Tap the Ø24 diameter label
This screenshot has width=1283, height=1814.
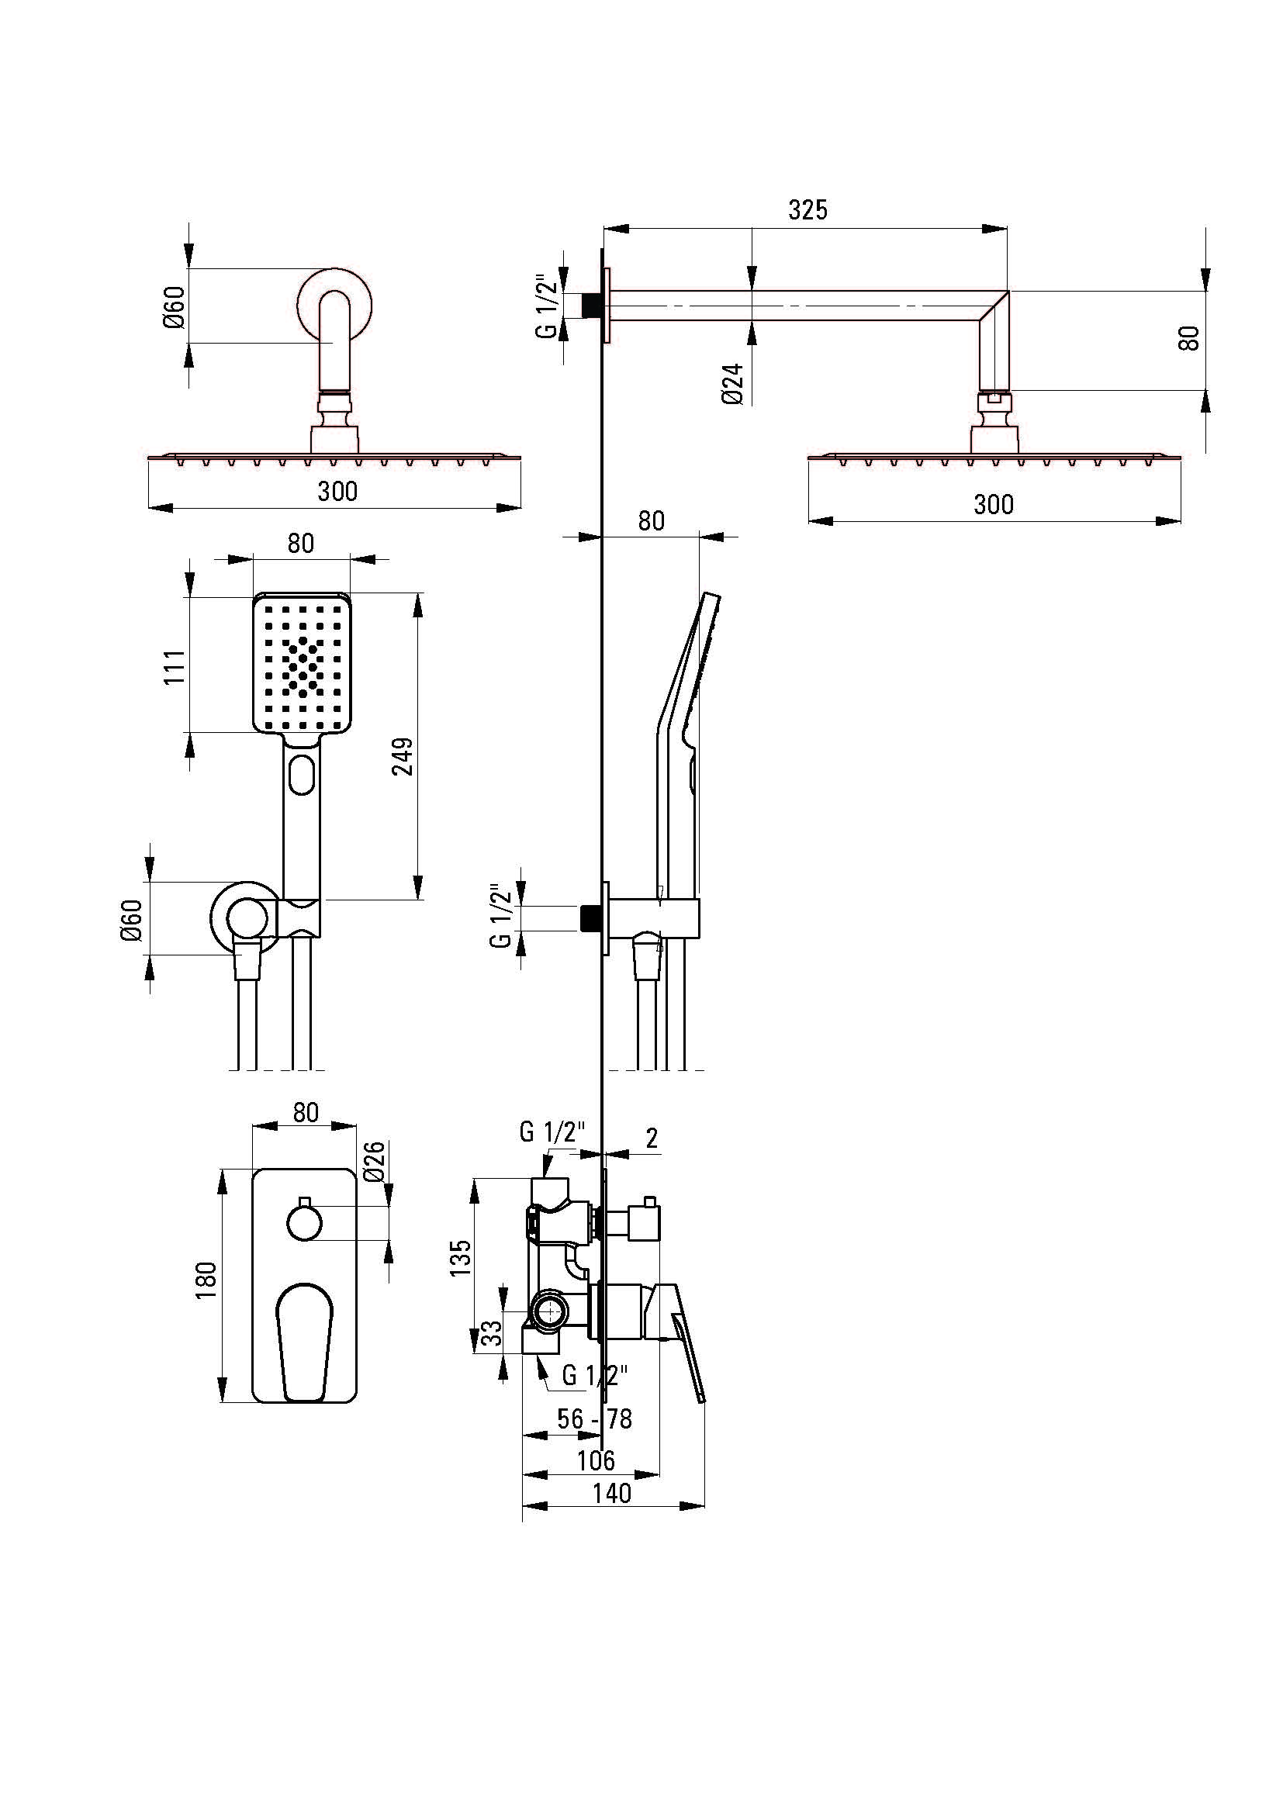(732, 384)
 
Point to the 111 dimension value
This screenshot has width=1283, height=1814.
(175, 667)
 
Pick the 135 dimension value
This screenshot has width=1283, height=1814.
(460, 1258)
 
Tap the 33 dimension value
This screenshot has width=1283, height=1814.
(491, 1333)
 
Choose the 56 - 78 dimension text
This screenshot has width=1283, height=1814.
(594, 1419)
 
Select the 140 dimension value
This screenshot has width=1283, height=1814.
(612, 1493)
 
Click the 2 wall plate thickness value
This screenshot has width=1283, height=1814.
(652, 1138)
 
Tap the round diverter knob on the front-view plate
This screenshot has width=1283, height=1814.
(304, 1224)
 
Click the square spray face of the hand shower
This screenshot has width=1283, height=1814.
(301, 662)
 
